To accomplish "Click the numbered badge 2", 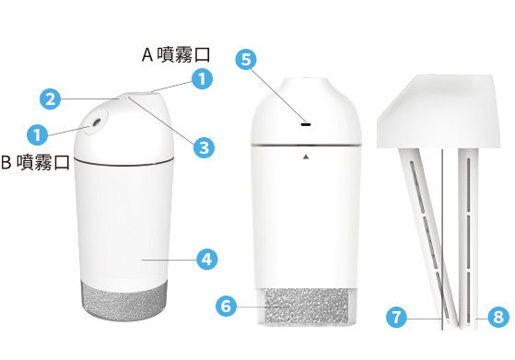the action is point(51,99).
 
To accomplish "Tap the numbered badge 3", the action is point(204,147).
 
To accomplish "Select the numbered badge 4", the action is point(207,260).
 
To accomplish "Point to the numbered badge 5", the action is point(246,60).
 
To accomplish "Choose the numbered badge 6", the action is point(226,307).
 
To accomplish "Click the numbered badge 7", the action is point(396,317).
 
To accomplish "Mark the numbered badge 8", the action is point(498,317).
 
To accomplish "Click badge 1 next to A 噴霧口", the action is point(202,79).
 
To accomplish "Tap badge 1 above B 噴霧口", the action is point(38,134).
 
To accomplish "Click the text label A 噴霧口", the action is point(176,54).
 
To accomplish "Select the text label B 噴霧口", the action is point(35,162).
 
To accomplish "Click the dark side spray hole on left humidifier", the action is point(97,122).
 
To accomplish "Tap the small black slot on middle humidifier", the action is point(306,124).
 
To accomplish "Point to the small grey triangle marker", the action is point(306,157).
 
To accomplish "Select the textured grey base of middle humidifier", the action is point(306,308).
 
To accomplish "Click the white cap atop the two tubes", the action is point(439,110).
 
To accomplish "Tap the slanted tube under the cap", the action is point(428,238).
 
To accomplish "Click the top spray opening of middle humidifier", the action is point(306,79).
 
